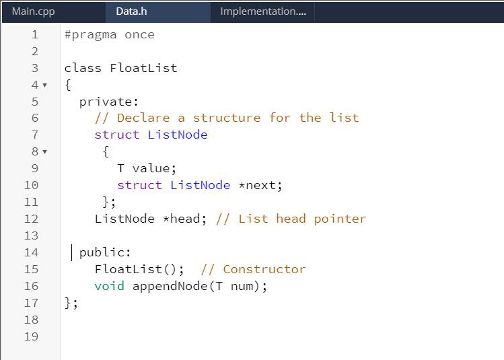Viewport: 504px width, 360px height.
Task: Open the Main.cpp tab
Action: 34,11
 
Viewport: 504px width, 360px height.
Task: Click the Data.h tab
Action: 131,11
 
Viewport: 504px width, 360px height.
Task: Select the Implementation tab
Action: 262,11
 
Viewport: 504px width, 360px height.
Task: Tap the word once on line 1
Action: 139,34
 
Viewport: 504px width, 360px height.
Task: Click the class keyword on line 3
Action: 83,68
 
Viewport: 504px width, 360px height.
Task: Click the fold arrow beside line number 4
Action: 44,85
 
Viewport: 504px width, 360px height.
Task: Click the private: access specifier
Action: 109,102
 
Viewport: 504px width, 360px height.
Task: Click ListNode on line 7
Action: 178,135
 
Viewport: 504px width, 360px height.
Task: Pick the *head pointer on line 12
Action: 185,219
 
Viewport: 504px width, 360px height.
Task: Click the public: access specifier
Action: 106,252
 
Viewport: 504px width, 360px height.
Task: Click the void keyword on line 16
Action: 109,286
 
